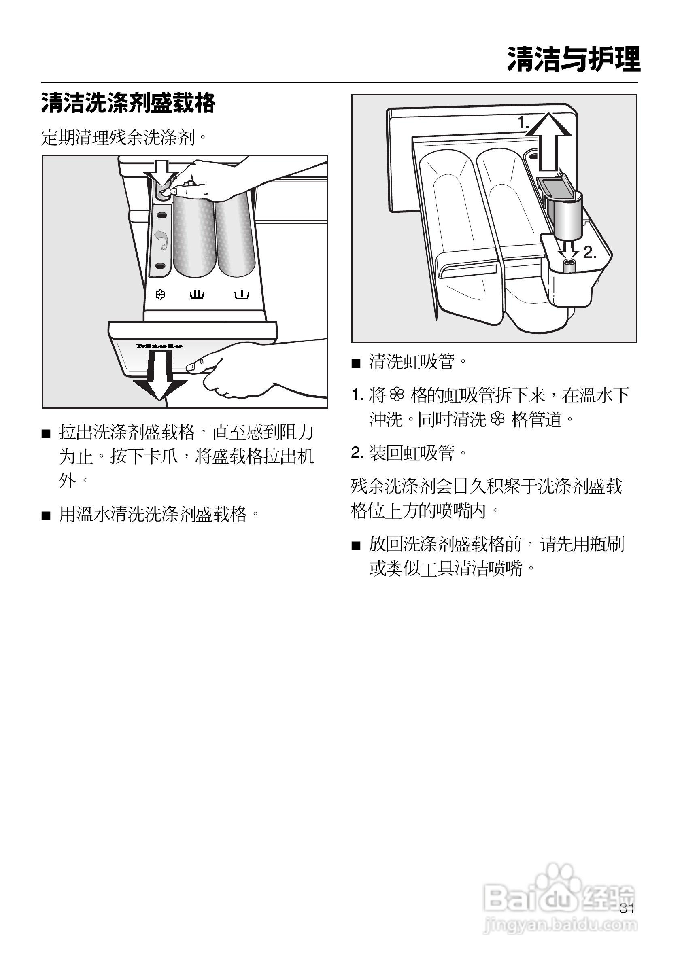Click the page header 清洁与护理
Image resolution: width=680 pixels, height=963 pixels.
click(x=573, y=59)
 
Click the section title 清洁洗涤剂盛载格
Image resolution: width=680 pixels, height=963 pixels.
click(x=128, y=103)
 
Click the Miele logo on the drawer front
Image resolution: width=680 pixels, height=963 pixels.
click(x=159, y=346)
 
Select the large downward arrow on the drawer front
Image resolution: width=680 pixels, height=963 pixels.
click(x=160, y=376)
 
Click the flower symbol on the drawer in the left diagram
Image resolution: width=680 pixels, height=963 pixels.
click(x=160, y=295)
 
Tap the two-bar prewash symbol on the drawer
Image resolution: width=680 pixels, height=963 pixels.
click(x=197, y=295)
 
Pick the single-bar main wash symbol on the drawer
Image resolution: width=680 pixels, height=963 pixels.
click(x=242, y=295)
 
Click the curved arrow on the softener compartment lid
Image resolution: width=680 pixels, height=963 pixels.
click(x=161, y=240)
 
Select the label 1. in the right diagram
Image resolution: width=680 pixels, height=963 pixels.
click(x=523, y=123)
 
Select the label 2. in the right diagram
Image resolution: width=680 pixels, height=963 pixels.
click(x=590, y=252)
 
